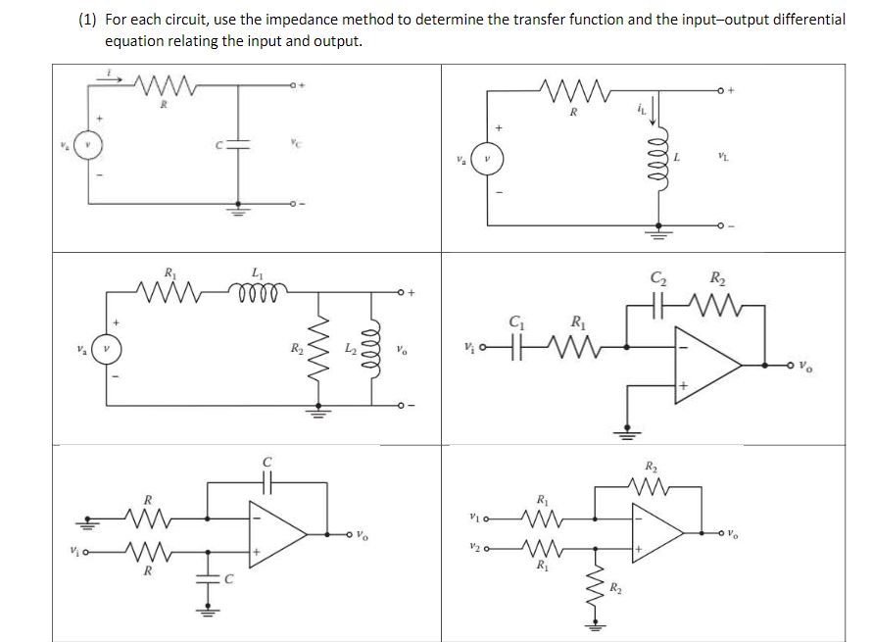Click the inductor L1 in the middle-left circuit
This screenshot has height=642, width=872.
click(x=257, y=291)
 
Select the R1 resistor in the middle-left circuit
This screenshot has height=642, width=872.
click(x=171, y=291)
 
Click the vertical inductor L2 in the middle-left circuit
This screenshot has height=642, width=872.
click(x=372, y=348)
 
